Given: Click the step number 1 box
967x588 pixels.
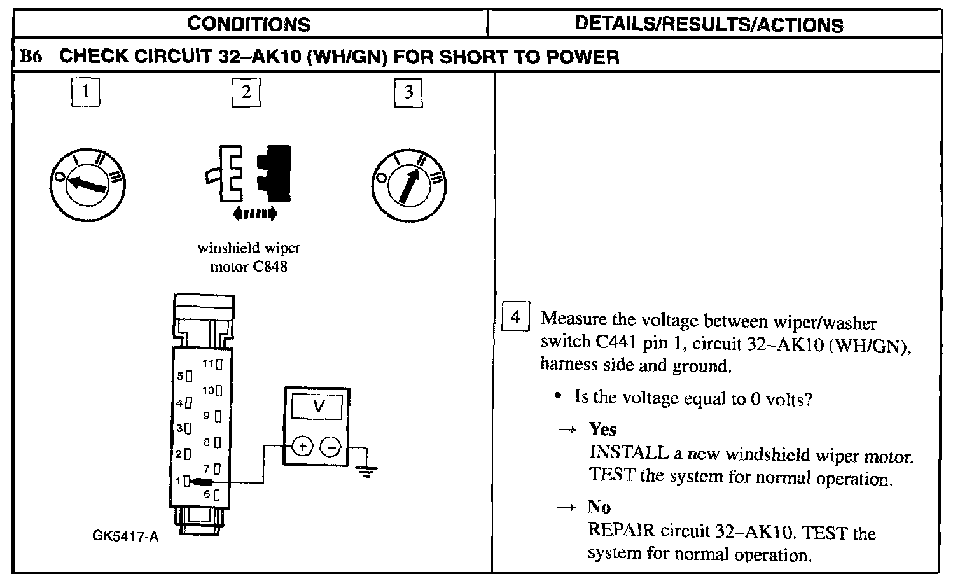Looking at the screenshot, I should click(87, 93).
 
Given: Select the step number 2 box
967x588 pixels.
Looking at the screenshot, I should click(246, 93).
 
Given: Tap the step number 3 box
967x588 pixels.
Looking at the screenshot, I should click(408, 93).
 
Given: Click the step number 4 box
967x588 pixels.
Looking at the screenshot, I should click(515, 316).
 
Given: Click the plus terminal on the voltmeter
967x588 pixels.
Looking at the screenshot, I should click(303, 447).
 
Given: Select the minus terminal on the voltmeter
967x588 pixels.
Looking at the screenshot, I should click(330, 447).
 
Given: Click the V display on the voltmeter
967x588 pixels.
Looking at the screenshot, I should click(319, 405).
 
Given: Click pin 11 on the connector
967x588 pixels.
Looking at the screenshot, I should click(219, 365).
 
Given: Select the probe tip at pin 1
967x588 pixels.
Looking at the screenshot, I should click(203, 482).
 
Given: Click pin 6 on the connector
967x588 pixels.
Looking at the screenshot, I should click(217, 494).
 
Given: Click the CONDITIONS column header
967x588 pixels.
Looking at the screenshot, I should click(249, 24).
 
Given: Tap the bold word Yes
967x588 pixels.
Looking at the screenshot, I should click(602, 429).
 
